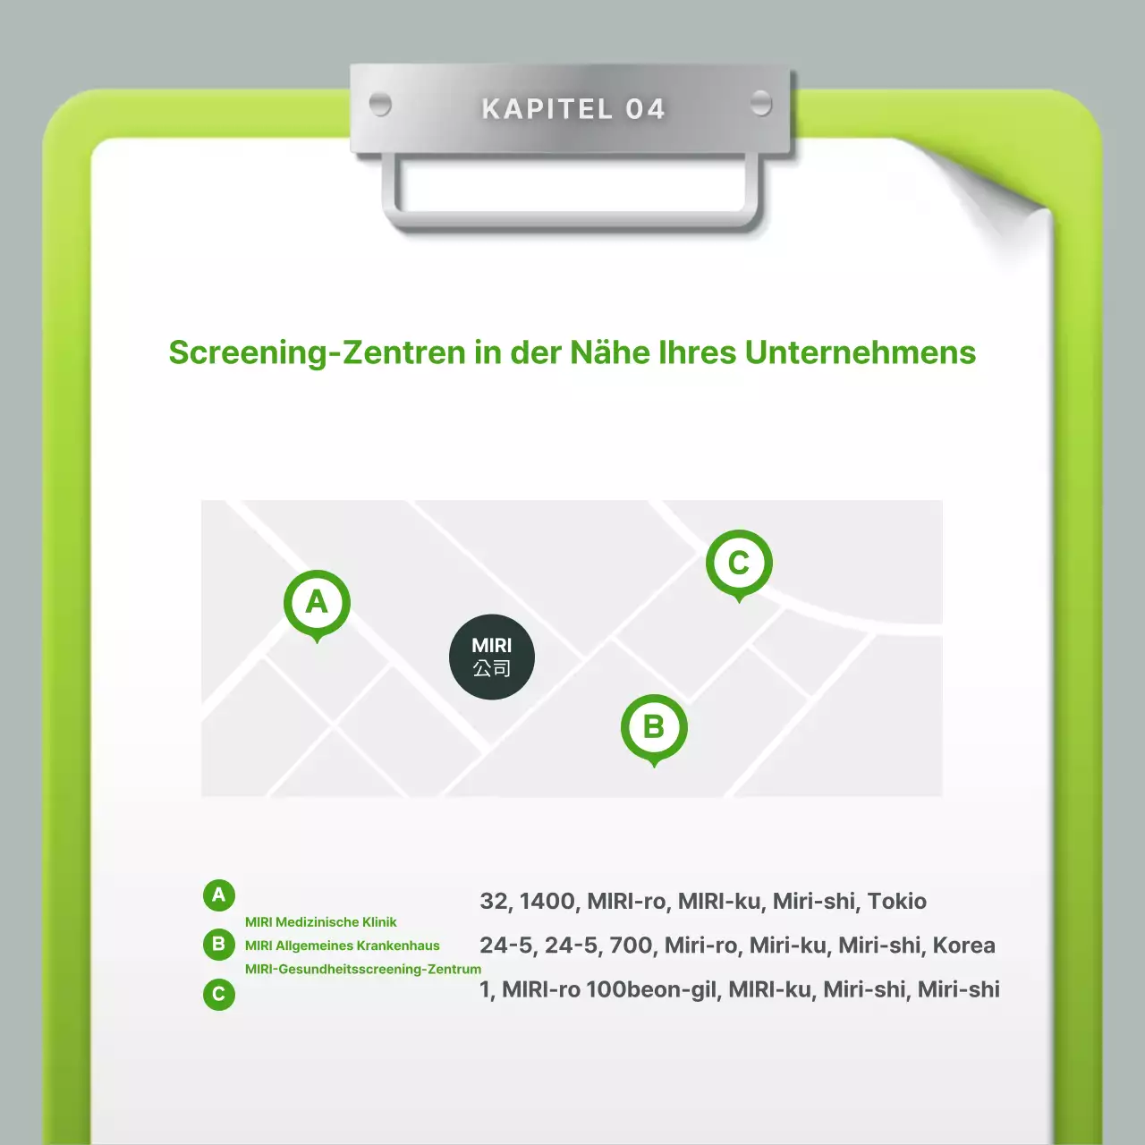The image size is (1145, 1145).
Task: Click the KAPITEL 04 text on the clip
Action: tap(572, 109)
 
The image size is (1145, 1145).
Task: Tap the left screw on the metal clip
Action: tap(380, 105)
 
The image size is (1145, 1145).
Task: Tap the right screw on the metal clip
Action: tap(761, 103)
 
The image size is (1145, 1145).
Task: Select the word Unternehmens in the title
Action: tap(861, 352)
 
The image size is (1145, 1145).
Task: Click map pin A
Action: tap(317, 606)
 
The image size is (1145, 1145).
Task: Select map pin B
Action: tap(654, 730)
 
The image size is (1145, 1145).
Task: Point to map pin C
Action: tap(739, 565)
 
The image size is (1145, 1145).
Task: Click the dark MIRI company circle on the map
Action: tap(492, 657)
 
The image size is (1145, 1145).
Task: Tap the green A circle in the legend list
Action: tap(218, 895)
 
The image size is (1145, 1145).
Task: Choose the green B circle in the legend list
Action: tap(218, 944)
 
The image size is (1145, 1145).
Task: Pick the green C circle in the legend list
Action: tap(218, 994)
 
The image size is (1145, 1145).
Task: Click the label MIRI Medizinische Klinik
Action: tap(321, 922)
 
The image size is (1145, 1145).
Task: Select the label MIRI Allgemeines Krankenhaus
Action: tap(343, 946)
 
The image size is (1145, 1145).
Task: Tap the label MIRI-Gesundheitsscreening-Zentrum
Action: tap(363, 969)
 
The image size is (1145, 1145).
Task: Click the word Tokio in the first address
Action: tap(896, 902)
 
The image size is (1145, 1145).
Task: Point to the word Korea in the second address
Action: tap(963, 946)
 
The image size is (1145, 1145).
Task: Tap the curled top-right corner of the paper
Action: tap(1005, 196)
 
